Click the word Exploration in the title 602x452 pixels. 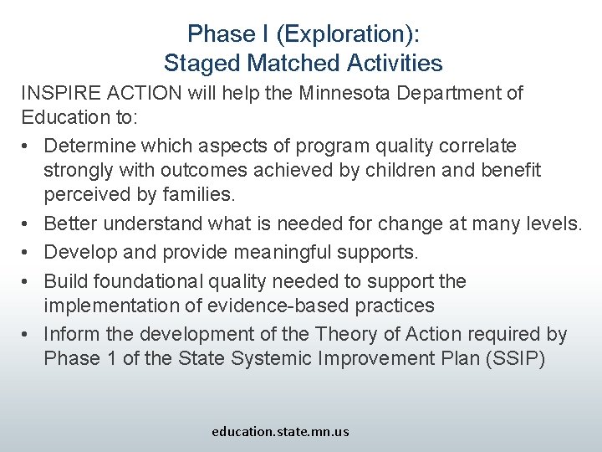pos(346,34)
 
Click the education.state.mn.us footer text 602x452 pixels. pos(280,432)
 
